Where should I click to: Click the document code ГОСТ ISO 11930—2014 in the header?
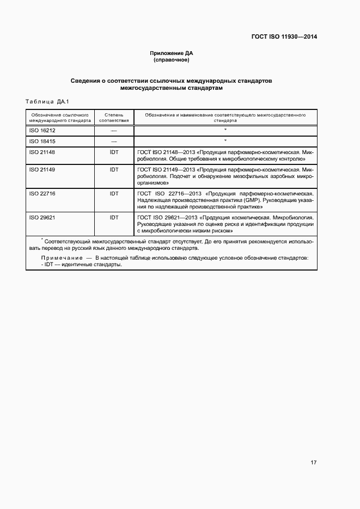tap(284, 37)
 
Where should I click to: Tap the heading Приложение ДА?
tap(172, 53)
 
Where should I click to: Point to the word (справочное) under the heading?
tap(172, 60)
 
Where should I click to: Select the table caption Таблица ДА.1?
tap(45, 102)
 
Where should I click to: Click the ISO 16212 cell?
tap(42, 131)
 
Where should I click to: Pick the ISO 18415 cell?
tap(42, 141)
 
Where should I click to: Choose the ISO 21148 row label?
tap(42, 152)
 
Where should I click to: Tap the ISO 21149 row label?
tap(42, 170)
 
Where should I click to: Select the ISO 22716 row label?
tap(42, 193)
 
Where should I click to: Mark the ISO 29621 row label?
tap(42, 217)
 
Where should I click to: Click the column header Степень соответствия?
tap(114, 118)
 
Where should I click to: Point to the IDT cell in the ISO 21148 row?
tap(114, 152)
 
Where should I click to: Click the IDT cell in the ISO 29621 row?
tap(114, 217)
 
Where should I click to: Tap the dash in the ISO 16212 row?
tap(114, 131)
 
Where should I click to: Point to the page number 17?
tap(314, 463)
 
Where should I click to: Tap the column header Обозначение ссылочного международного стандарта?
tap(60, 118)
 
